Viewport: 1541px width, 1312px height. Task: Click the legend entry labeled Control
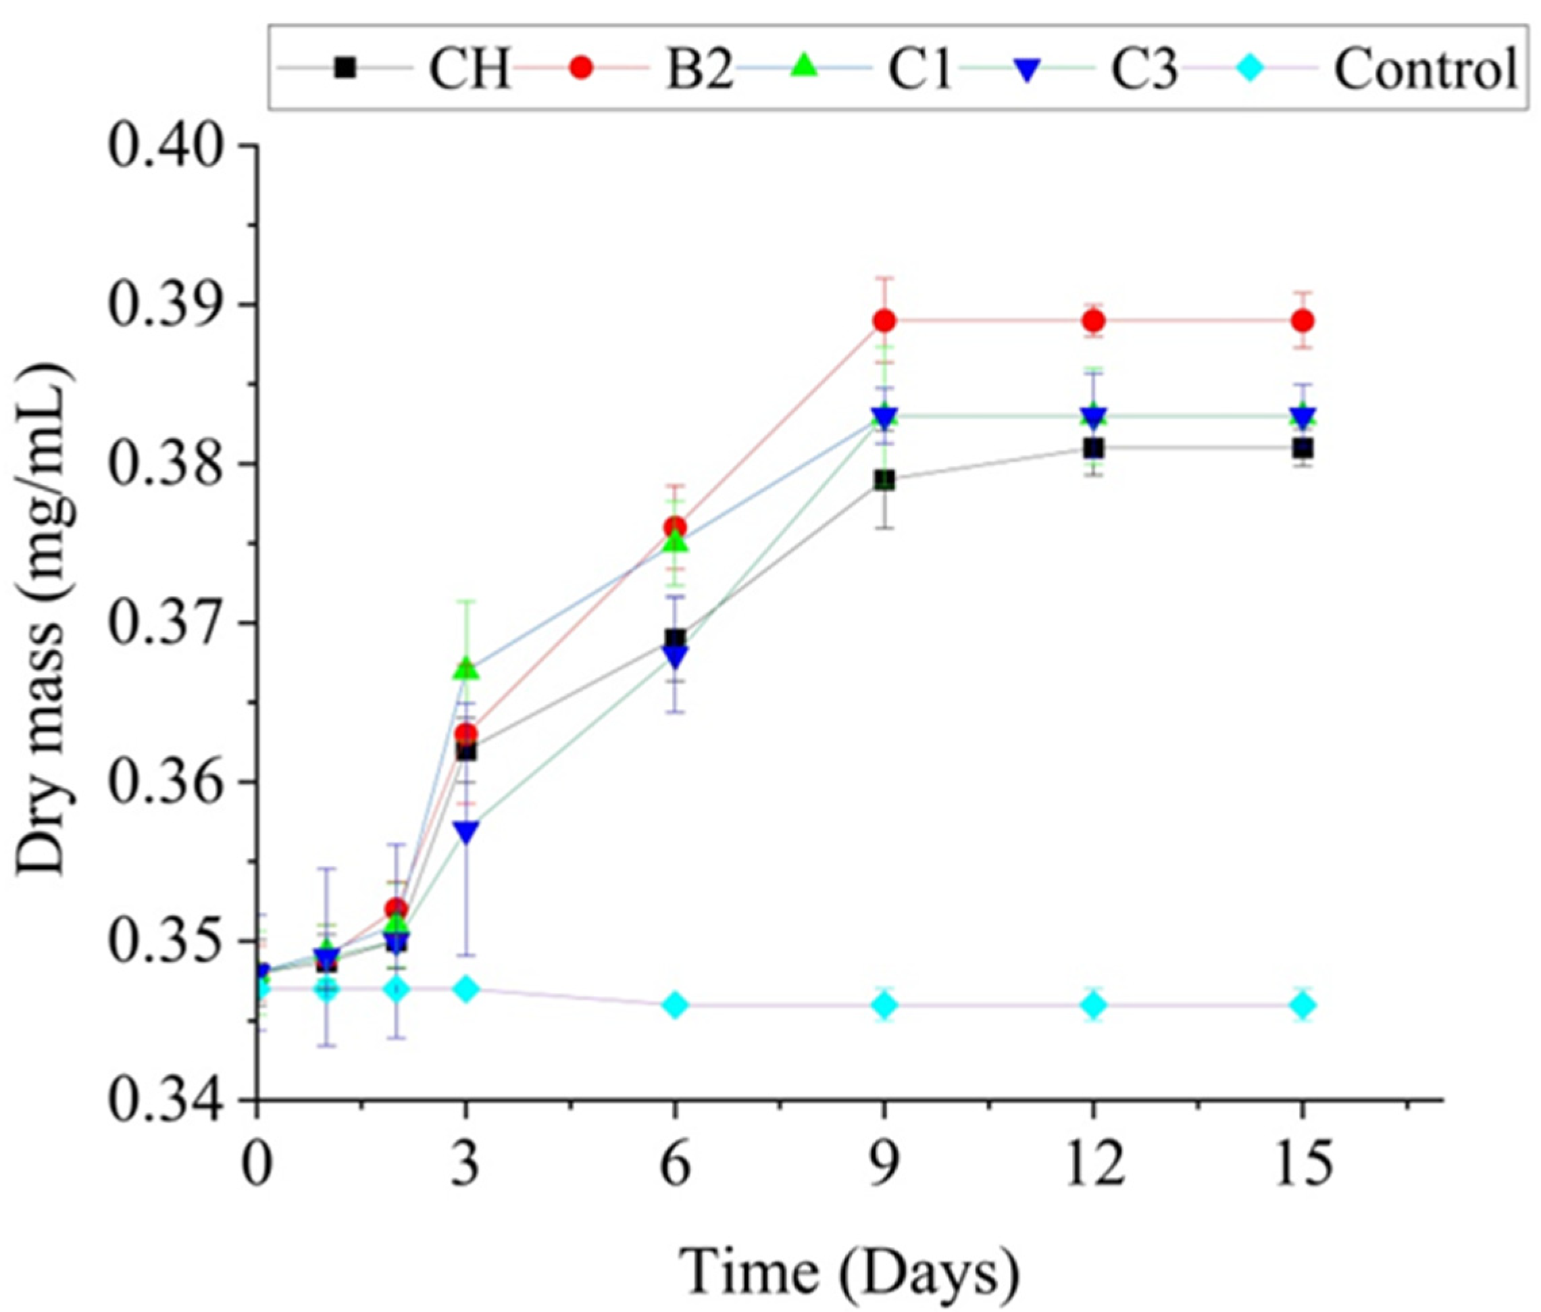(x=1424, y=69)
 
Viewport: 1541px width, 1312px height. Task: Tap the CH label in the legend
(x=470, y=69)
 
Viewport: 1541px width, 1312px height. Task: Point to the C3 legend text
(x=1144, y=69)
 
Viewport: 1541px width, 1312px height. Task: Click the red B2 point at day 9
(x=884, y=322)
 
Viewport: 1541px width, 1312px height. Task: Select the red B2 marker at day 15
(x=1303, y=322)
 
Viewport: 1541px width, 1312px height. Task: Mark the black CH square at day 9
(x=884, y=480)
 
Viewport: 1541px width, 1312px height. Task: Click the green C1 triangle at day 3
(x=466, y=670)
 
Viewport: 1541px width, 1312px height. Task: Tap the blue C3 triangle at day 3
(x=466, y=832)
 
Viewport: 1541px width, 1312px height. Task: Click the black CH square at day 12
(x=1093, y=449)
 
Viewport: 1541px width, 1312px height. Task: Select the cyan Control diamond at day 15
(x=1303, y=1005)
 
